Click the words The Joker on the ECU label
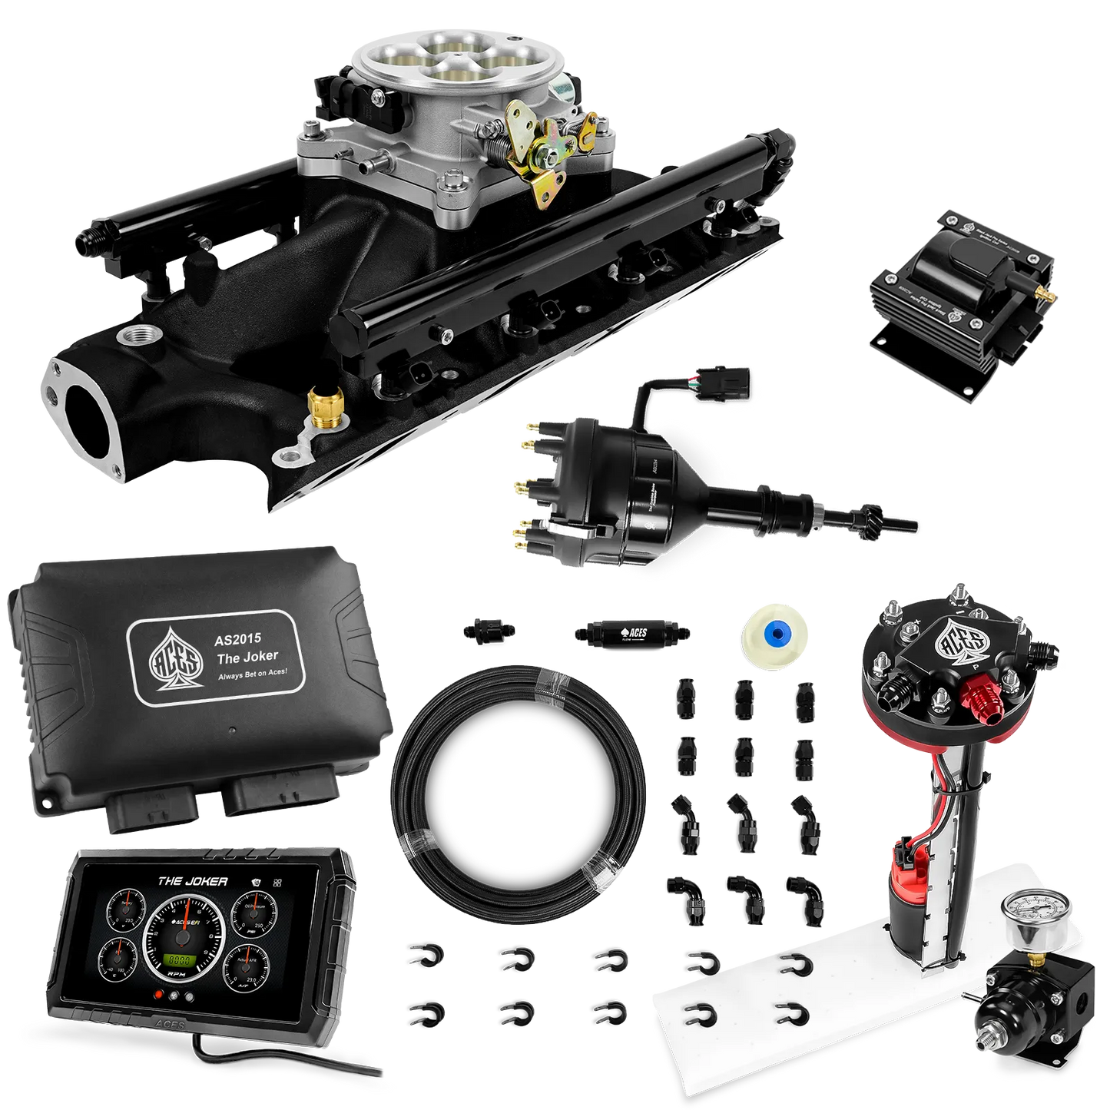click(247, 656)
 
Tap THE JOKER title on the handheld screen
click(192, 881)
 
